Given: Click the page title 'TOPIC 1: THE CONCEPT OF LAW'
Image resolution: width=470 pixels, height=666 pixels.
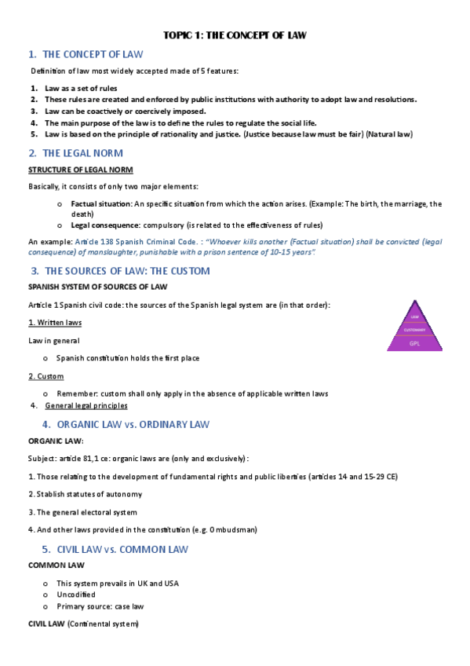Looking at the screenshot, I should point(235,35).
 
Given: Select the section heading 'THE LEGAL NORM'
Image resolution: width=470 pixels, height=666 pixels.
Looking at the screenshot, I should point(82,153).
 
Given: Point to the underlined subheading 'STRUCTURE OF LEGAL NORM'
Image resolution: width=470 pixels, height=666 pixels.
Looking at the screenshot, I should point(81,170).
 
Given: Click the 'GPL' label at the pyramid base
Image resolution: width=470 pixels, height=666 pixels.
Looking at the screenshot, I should point(416,343).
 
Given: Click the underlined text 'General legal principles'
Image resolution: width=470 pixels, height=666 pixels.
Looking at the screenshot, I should point(86,406).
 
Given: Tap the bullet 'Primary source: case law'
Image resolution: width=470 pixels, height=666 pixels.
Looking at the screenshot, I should point(100,606).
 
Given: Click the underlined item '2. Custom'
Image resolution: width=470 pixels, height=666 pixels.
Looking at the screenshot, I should point(46,376).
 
